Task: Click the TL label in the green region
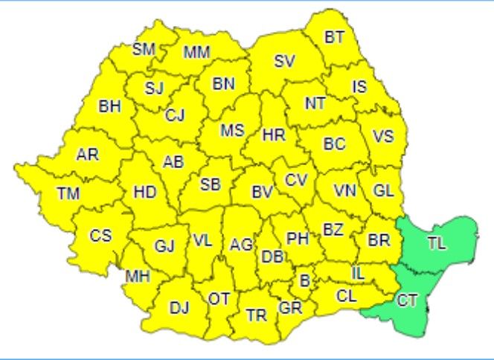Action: (437, 243)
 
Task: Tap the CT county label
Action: (406, 300)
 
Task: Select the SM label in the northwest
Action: (144, 50)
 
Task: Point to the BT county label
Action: (335, 37)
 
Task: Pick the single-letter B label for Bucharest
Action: (304, 280)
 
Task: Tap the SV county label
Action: (284, 62)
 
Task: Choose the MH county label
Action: (138, 277)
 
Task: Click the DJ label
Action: (179, 306)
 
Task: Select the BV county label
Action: (262, 192)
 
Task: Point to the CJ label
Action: (175, 115)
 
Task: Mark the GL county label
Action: (383, 190)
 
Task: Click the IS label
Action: (359, 87)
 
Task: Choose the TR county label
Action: (257, 315)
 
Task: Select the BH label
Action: (109, 106)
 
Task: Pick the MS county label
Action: (232, 130)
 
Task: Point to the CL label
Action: (347, 295)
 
